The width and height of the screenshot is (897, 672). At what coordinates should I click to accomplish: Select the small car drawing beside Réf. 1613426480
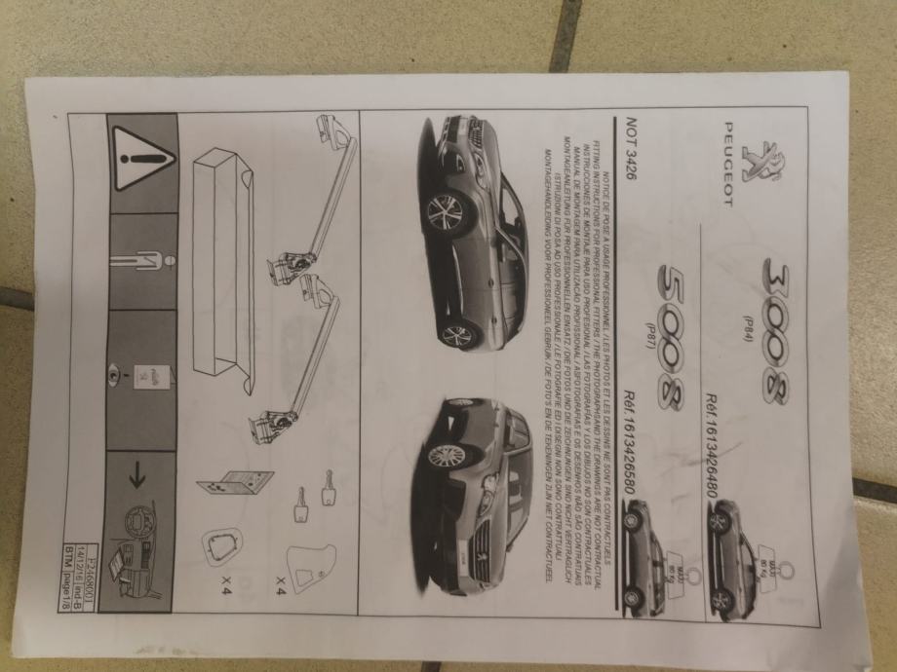[x=732, y=556]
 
